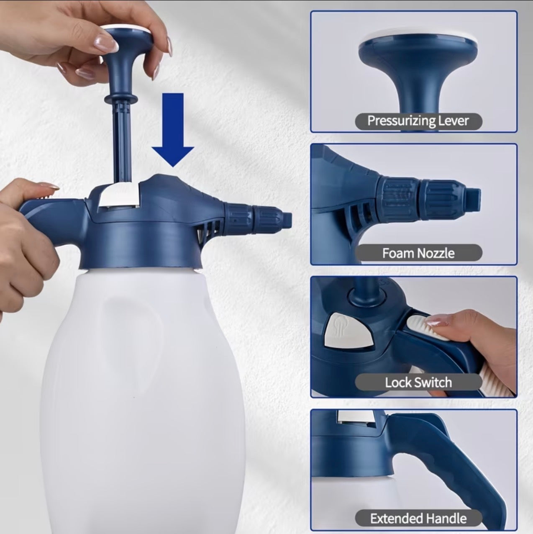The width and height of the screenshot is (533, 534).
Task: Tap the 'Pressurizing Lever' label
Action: coord(418,121)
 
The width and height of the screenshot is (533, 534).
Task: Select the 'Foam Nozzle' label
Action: coord(418,253)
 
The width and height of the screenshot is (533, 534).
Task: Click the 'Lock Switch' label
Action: coord(418,383)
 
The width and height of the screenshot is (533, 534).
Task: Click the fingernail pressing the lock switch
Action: coord(435,322)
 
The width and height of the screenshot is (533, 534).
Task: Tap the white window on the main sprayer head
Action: coord(120,195)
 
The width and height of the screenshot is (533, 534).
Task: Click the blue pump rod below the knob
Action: coord(122,141)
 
